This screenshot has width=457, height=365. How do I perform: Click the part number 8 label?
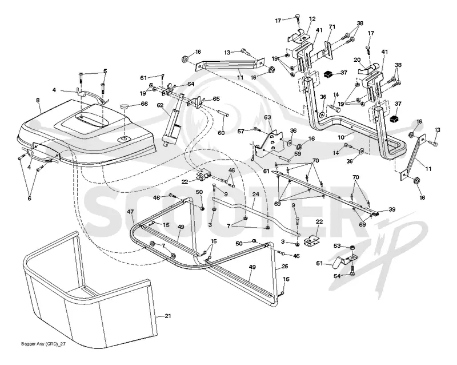[x=38, y=100]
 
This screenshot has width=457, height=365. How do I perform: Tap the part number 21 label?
[x=168, y=316]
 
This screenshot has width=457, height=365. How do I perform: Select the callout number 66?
[x=145, y=104]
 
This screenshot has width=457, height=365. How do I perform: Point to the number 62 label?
[x=160, y=105]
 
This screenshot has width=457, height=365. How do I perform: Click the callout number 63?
[x=267, y=117]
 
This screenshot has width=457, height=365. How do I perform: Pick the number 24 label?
[x=255, y=194]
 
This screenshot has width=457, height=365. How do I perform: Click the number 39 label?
[x=392, y=209]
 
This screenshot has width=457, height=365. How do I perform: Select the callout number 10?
[x=341, y=137]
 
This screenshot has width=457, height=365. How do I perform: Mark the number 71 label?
[x=332, y=27]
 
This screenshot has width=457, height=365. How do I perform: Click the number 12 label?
[x=312, y=19]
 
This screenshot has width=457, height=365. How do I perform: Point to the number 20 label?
[x=358, y=60]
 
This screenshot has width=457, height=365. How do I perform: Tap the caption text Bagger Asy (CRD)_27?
[x=43, y=344]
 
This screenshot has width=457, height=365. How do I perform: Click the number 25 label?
[x=284, y=266]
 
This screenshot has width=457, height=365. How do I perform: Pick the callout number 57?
[x=240, y=132]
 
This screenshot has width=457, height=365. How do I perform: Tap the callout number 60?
[x=221, y=133]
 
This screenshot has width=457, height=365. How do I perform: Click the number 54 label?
[x=337, y=276]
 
